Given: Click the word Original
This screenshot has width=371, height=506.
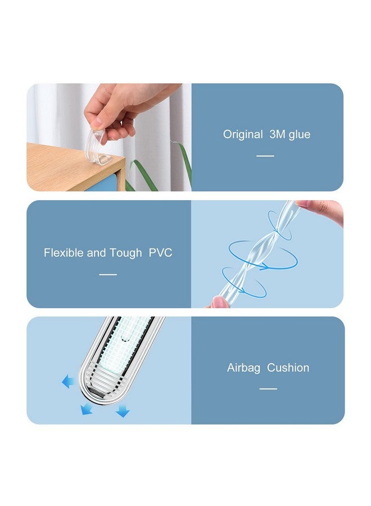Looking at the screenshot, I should pos(243,134).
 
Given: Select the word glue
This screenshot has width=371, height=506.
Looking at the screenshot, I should pos(300,135).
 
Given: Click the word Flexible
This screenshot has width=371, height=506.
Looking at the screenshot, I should pos(64,253).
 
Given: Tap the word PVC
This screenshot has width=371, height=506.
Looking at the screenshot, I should pos(160,253).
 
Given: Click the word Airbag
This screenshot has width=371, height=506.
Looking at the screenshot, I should pos(243,368).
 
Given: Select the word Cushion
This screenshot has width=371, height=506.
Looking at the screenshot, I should pos(288,368).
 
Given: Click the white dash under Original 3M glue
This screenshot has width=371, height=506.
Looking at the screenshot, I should pos(265,156).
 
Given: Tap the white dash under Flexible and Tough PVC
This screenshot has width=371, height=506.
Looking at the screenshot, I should pos(108,274).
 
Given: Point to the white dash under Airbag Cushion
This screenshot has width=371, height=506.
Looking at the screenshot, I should pos(268,389).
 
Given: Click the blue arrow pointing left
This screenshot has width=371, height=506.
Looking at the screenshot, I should pos(69,382).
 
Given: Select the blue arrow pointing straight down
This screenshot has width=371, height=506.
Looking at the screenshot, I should pos(123,413).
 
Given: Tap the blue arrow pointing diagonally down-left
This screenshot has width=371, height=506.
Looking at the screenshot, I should pos(87,408).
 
